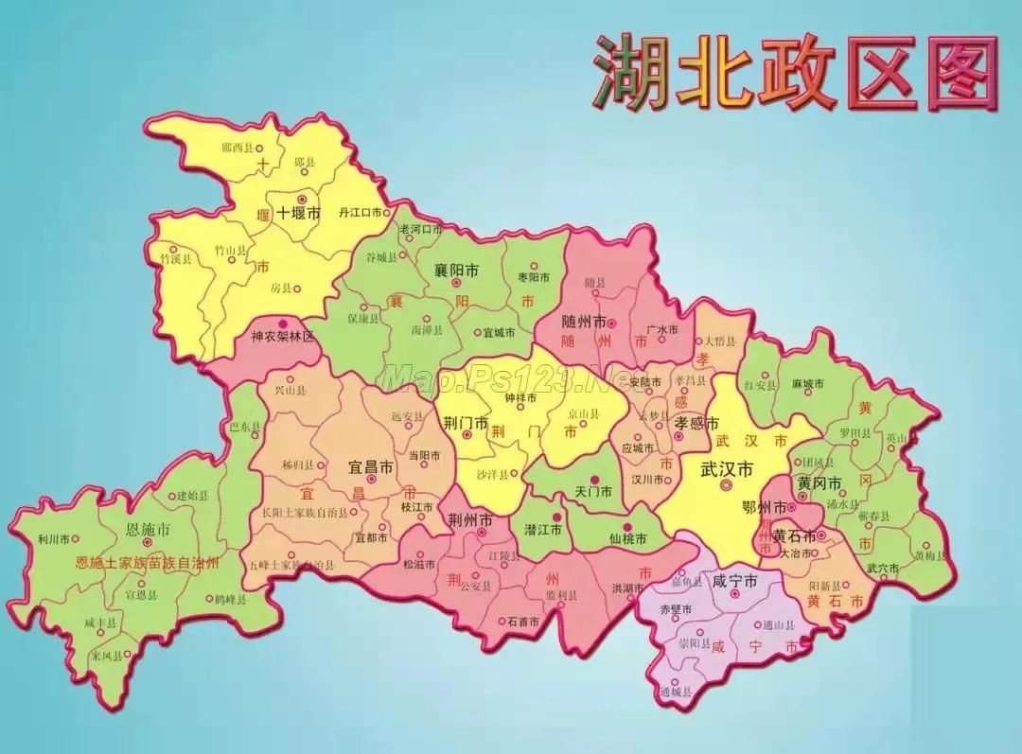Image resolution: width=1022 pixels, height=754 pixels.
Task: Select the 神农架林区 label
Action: point(282,337)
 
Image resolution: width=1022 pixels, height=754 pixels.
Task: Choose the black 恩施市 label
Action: point(149,529)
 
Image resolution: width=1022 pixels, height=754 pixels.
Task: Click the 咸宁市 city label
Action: point(735,580)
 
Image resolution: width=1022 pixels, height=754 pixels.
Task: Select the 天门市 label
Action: point(593,492)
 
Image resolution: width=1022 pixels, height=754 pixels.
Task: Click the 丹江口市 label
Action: point(361,214)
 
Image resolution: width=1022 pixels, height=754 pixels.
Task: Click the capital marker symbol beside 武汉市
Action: point(726,485)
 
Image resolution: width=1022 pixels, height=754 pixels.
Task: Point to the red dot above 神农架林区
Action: point(282,324)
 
